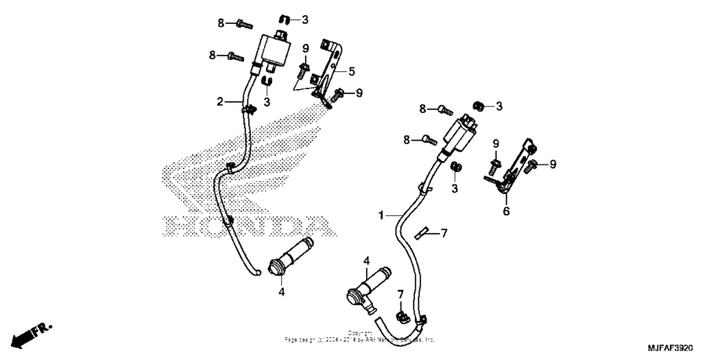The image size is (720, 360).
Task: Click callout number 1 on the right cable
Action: tap(382, 216)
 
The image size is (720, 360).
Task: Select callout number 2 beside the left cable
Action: tap(219, 102)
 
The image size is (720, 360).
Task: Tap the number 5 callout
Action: tap(352, 71)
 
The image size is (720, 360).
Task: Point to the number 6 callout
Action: tap(506, 211)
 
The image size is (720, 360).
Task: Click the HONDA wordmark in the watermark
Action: tap(245, 224)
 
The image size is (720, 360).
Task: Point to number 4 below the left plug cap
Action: tap(282, 292)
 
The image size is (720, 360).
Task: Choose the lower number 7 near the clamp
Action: tap(400, 293)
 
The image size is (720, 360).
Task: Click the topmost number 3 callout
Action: tap(304, 19)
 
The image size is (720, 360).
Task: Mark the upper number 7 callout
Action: tap(444, 232)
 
